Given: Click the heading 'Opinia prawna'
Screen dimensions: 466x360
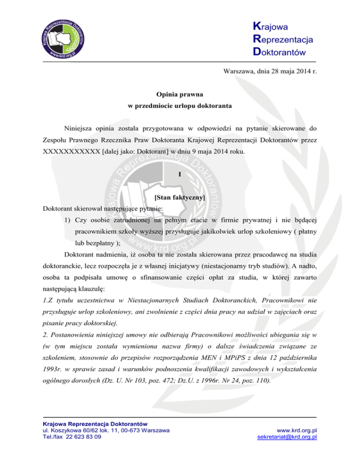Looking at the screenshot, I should click(180, 94).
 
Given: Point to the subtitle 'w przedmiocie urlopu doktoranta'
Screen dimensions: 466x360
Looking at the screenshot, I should click(180, 107).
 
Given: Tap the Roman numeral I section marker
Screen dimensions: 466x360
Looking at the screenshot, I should click(180, 175).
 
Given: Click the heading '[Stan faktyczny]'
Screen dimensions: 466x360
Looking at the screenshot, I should click(180, 198).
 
